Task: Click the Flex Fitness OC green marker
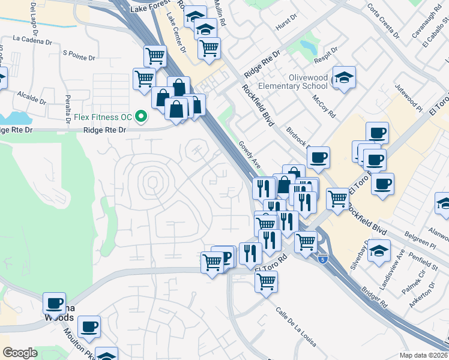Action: click(142, 116)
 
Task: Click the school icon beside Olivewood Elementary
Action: click(343, 78)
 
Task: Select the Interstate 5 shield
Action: click(323, 259)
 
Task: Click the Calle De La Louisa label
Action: click(295, 327)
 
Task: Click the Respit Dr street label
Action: click(325, 55)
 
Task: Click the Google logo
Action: click(20, 353)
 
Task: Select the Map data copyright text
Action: click(423, 355)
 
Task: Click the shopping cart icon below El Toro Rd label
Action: click(266, 281)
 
